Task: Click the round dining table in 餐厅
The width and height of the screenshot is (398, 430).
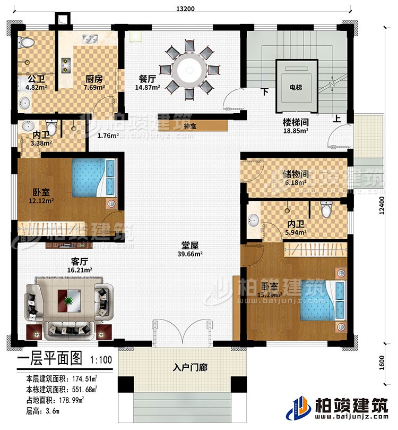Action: (188, 70)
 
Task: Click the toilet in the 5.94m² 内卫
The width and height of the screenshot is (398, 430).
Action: (327, 210)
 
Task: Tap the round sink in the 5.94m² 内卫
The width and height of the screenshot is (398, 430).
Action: (254, 220)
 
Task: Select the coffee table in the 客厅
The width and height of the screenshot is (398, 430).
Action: (68, 301)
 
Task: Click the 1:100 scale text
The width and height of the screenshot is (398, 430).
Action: (100, 359)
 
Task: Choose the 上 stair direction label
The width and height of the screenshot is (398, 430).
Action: (336, 119)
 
